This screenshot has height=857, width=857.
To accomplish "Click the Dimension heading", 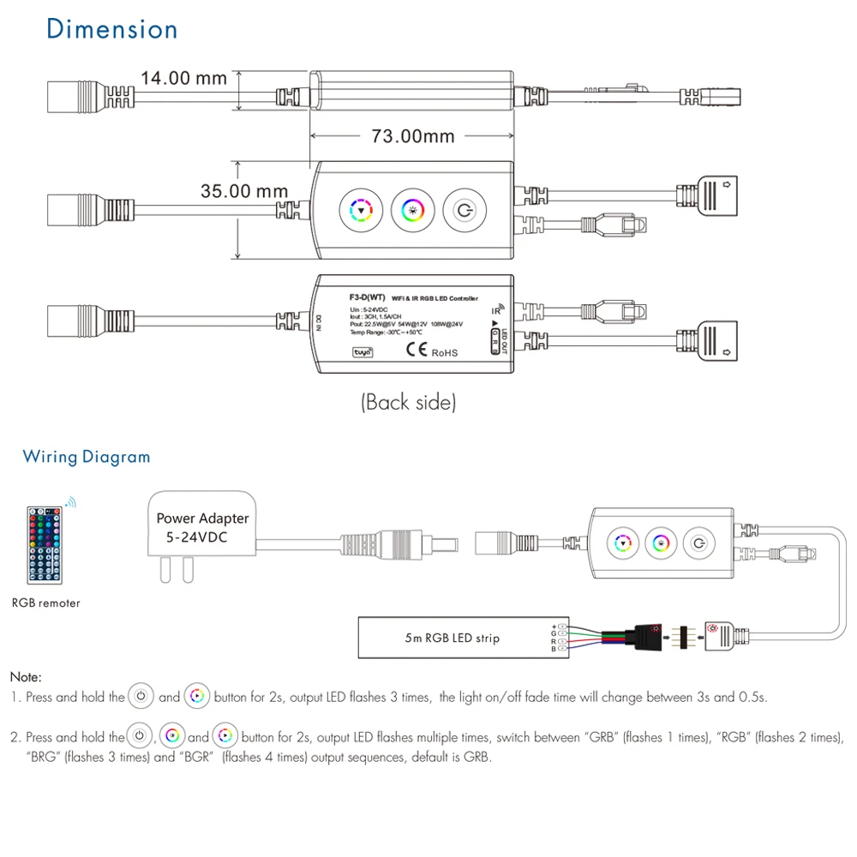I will pos(112,29).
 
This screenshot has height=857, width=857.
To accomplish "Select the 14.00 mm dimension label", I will pos(183,78).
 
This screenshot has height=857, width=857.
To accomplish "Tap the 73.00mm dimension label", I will pos(412,136).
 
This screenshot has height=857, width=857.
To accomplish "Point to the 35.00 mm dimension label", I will pos(244,191).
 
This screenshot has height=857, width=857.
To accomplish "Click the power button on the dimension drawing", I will pos(464,210).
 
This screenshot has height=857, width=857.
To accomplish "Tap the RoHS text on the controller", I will pos(444,352).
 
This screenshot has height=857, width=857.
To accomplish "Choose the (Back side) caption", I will pos(408,401).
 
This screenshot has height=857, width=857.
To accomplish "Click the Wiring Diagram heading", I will pos(87,457).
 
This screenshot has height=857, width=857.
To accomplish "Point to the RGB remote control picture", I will pos(46,542).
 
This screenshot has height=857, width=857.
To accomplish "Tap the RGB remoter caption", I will pos(46,603).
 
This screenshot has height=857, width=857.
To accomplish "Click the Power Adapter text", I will pos(202,518).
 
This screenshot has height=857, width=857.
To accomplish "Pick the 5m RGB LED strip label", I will pos(452,638).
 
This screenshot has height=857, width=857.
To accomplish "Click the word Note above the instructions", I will pos(26,677).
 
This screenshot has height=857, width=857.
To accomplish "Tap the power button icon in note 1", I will pos(141,697).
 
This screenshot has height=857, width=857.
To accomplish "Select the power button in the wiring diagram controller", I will pos(699,543).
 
